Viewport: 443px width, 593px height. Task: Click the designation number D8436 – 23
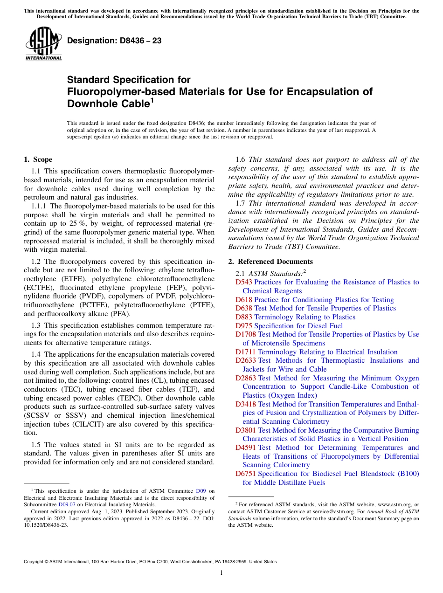(114, 41)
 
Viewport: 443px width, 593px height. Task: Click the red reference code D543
(244, 282)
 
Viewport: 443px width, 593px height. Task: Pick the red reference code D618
(244, 300)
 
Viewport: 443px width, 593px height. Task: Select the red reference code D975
(244, 326)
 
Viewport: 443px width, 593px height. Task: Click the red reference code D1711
(246, 352)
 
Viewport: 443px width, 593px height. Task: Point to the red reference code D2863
(246, 378)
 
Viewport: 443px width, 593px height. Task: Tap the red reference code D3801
(246, 430)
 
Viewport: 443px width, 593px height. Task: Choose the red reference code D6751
(246, 474)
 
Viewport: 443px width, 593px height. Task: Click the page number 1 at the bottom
(221, 573)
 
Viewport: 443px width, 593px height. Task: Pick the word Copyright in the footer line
(34, 562)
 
